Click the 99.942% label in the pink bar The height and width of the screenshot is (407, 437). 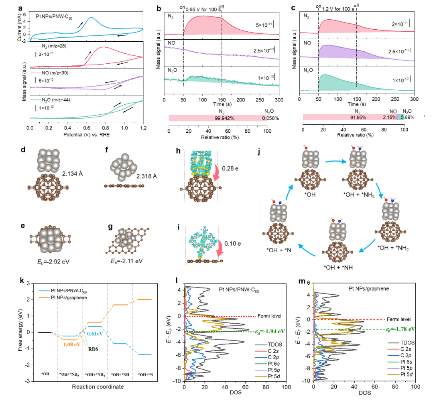(x=224, y=118)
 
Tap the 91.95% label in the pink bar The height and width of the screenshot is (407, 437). (x=358, y=117)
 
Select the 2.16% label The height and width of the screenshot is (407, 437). (x=390, y=117)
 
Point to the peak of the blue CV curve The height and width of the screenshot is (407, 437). (x=91, y=18)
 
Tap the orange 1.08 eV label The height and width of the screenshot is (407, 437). (x=71, y=344)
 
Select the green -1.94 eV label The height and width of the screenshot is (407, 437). (x=270, y=332)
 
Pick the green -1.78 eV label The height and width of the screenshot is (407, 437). (x=400, y=329)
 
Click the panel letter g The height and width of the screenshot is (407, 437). (x=110, y=227)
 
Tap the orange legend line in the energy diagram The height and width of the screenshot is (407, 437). (x=45, y=298)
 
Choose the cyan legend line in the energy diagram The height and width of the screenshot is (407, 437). (x=45, y=291)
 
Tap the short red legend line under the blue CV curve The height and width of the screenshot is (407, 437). (x=36, y=46)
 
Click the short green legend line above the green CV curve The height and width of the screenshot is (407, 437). (x=36, y=100)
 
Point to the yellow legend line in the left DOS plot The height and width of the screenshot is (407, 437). (x=261, y=376)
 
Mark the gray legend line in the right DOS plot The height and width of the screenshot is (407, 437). (x=393, y=343)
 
